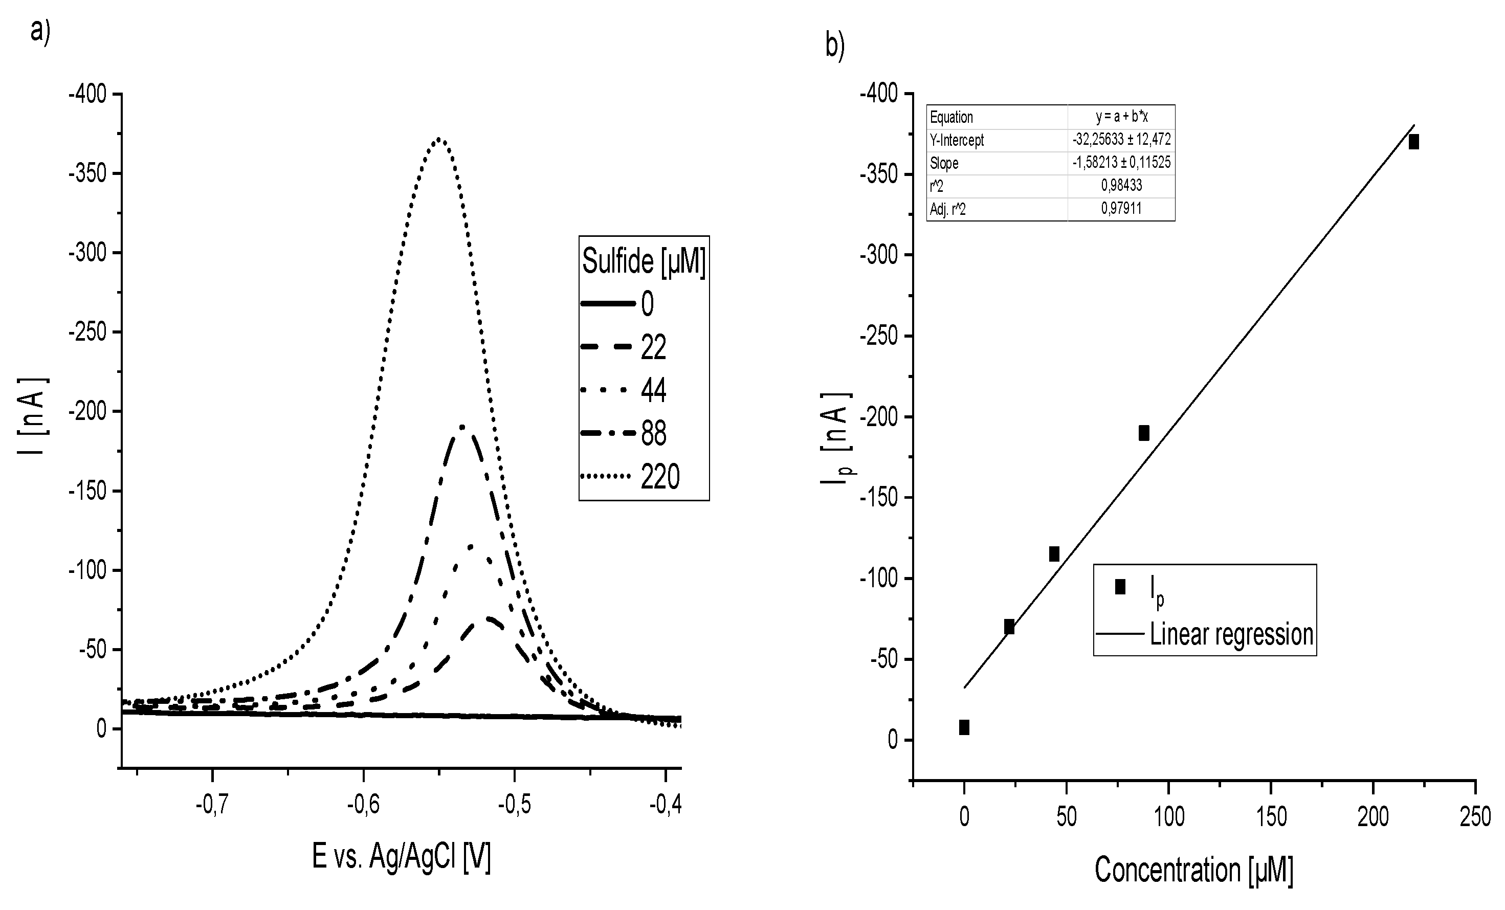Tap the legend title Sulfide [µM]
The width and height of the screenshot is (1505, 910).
[x=644, y=261]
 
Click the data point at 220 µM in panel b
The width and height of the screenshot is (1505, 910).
[x=1413, y=142]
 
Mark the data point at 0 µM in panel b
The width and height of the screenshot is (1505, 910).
[x=964, y=727]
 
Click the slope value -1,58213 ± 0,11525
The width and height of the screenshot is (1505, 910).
[x=1121, y=163]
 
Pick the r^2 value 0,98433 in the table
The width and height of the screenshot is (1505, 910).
[x=1121, y=186]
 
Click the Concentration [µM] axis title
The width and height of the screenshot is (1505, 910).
[x=1193, y=870]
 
